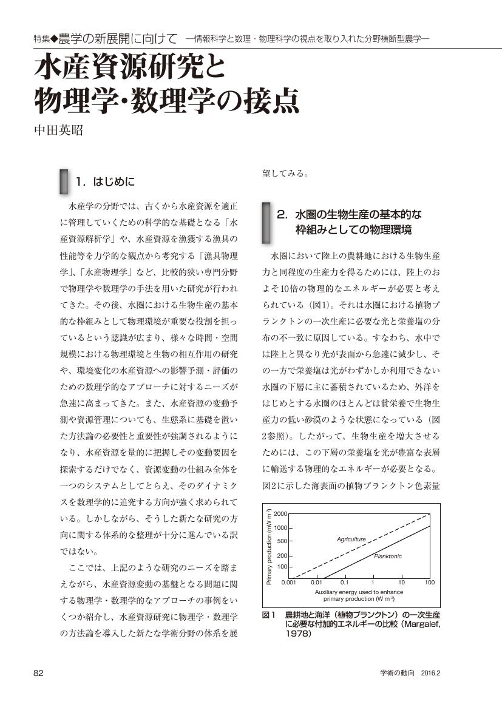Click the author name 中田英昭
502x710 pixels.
tap(58, 130)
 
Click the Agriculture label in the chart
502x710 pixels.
tap(351, 539)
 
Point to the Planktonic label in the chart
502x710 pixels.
tap(387, 556)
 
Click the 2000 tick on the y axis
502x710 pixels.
tap(280, 514)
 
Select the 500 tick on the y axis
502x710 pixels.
tap(282, 541)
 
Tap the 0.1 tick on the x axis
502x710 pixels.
tap(344, 583)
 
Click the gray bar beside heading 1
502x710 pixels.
tap(63, 181)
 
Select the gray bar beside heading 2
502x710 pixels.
tap(265, 222)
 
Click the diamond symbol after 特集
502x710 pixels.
tap(54, 39)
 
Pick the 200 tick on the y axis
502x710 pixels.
tap(282, 555)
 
